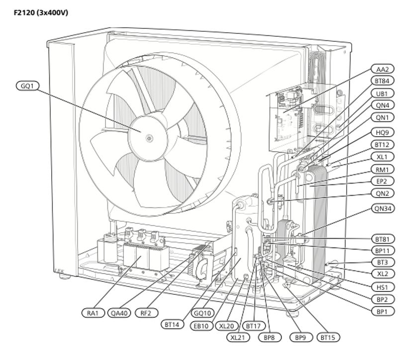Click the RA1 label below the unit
93,313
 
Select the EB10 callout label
202,325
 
